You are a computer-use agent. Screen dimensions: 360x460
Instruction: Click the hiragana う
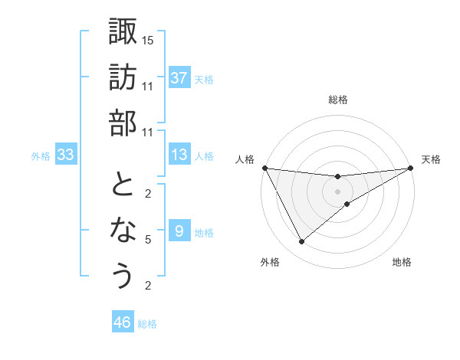[123, 276]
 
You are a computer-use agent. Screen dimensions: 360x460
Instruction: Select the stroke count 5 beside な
[148, 240]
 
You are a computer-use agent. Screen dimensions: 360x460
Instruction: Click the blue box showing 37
[179, 77]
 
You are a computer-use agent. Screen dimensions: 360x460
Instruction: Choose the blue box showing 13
[179, 155]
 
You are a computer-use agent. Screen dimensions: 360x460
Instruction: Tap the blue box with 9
[179, 231]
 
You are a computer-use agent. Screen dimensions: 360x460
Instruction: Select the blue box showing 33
[65, 155]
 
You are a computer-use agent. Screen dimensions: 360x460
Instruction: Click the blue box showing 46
[123, 322]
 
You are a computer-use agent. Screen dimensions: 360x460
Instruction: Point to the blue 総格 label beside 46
[147, 324]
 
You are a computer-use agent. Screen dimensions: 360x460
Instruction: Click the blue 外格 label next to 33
[41, 156]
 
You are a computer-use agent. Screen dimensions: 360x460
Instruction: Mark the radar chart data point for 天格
[410, 168]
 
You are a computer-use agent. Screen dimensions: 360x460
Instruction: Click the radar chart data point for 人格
[264, 168]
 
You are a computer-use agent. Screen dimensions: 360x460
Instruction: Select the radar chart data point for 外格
[301, 242]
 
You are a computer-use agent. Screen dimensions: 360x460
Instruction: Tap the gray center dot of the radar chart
[337, 191]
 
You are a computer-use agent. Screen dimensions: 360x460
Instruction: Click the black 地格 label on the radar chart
[402, 263]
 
